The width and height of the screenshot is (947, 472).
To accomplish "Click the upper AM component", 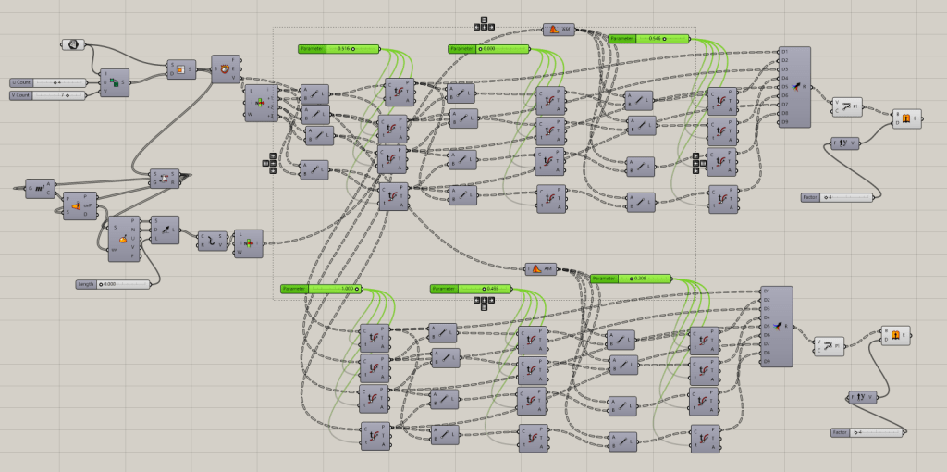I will pyautogui.click(x=558, y=30).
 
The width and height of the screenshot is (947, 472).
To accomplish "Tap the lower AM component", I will pyautogui.click(x=538, y=269).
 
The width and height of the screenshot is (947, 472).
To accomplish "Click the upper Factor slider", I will pyautogui.click(x=837, y=197).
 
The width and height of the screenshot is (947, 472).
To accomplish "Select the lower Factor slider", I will pyautogui.click(x=866, y=432).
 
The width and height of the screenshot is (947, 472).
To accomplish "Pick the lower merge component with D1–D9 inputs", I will pyautogui.click(x=778, y=326).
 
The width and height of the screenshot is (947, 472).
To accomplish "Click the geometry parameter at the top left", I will pyautogui.click(x=73, y=44).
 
